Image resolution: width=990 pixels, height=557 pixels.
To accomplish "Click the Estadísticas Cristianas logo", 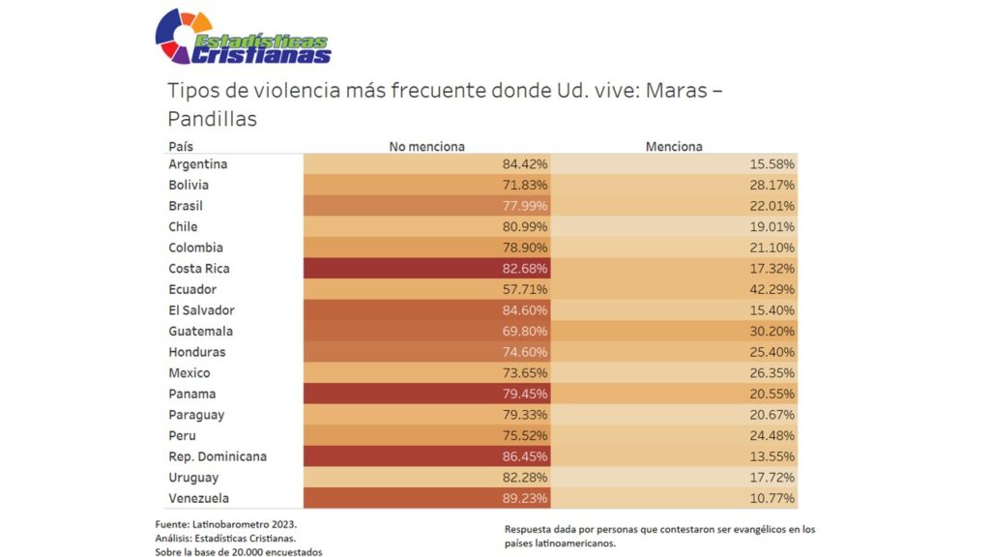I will pyautogui.click(x=243, y=38).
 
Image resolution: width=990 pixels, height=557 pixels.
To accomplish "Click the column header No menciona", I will pyautogui.click(x=426, y=147).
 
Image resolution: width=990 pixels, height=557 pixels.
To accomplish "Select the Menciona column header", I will pyautogui.click(x=674, y=147).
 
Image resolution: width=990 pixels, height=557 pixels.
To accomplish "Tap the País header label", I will pyautogui.click(x=181, y=147).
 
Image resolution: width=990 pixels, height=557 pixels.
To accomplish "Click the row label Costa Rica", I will pyautogui.click(x=199, y=269).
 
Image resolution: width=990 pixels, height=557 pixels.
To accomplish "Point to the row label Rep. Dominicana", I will pyautogui.click(x=218, y=456).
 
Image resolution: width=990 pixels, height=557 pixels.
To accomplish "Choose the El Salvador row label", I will pyautogui.click(x=201, y=310).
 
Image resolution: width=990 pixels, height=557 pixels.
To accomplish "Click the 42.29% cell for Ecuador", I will pyautogui.click(x=772, y=289).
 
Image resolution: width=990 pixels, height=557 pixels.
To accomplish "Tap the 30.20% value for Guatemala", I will pyautogui.click(x=772, y=331).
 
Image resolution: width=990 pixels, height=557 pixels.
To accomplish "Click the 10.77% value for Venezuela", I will pyautogui.click(x=772, y=498).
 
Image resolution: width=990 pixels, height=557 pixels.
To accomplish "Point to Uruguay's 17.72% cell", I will pyautogui.click(x=772, y=478).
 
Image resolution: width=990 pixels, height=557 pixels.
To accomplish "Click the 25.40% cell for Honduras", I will pyautogui.click(x=772, y=352).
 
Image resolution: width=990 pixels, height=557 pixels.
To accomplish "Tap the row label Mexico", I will pyautogui.click(x=189, y=373).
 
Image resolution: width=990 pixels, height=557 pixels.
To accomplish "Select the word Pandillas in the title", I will pyautogui.click(x=212, y=119).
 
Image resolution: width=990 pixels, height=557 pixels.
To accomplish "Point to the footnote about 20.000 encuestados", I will pyautogui.click(x=238, y=551).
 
